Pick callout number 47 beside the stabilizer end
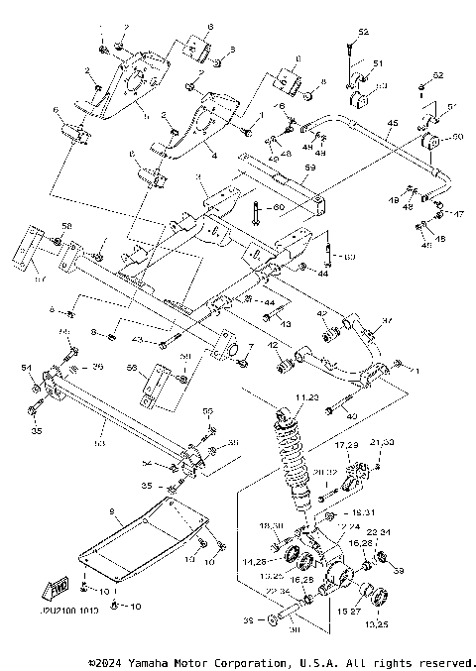pos(458,213)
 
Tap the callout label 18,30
pos(271,524)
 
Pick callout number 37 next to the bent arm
pos(388,322)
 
